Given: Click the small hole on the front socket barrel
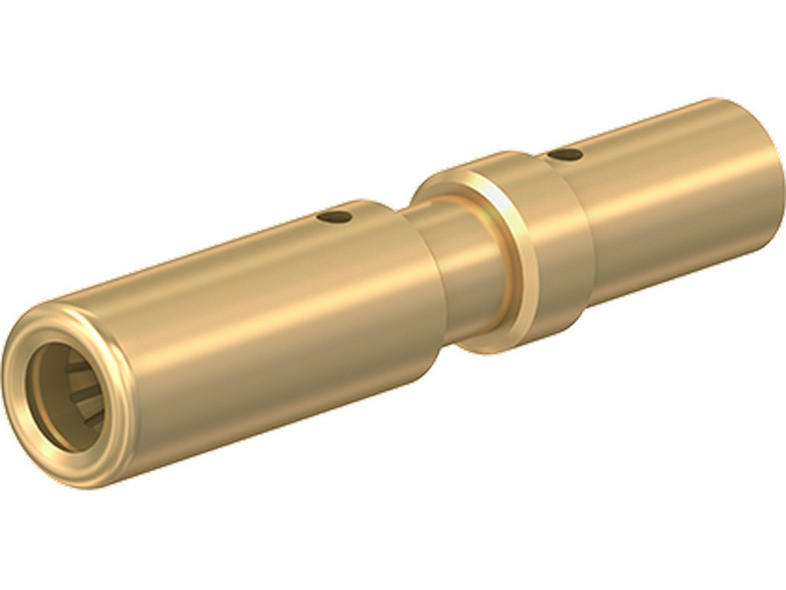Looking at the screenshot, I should pyautogui.click(x=336, y=217).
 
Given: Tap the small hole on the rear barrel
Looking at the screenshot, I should pyautogui.click(x=566, y=155).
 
